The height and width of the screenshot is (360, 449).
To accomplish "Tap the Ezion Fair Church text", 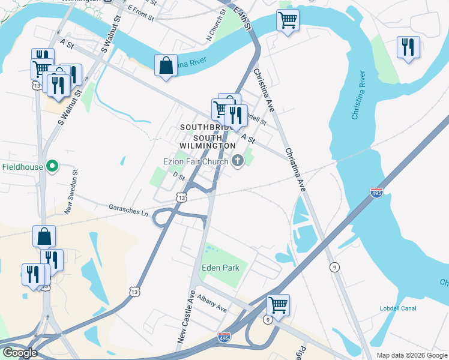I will (x=196, y=161).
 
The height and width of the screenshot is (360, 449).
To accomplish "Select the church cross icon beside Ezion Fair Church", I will (x=238, y=160).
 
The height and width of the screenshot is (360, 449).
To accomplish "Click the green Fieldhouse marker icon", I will (x=52, y=166).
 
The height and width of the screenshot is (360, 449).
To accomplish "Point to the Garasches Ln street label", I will (x=128, y=209).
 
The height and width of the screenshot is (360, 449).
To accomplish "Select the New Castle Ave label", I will (x=187, y=318).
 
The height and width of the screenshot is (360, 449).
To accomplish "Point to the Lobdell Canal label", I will (x=398, y=308).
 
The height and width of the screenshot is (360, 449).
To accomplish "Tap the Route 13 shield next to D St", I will (x=181, y=197).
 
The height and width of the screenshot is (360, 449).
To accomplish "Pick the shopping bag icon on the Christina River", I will (x=166, y=65).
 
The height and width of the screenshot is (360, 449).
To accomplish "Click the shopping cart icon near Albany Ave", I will (x=278, y=305).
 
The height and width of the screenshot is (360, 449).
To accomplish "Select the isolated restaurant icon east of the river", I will (x=408, y=47).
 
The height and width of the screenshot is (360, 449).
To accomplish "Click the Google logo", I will (x=19, y=353).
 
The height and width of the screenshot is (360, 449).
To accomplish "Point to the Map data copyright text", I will (x=412, y=355).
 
